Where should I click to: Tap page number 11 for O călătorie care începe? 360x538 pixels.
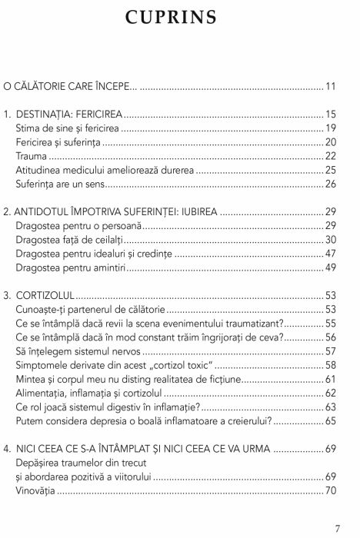pyautogui.click(x=331, y=85)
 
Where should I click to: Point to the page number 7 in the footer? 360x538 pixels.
pyautogui.click(x=338, y=529)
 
